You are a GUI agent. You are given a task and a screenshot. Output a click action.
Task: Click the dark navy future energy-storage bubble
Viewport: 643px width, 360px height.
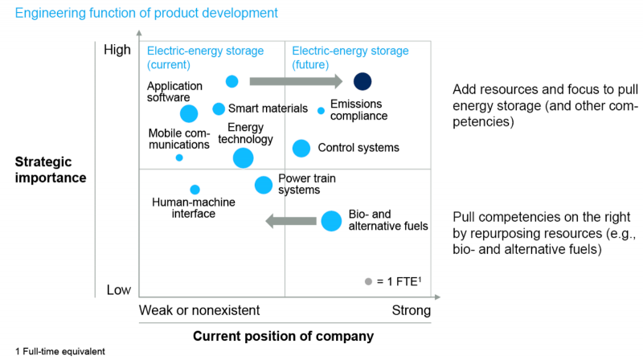coord(362,81)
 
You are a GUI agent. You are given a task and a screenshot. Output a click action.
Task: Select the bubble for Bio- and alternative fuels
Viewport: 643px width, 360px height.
coord(331,221)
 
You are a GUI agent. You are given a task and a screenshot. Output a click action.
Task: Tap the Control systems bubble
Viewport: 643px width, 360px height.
coord(301,148)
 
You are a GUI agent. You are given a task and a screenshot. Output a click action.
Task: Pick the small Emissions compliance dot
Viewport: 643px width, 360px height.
coord(321,110)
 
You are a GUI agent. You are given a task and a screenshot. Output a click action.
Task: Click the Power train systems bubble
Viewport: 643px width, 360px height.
coord(264,185)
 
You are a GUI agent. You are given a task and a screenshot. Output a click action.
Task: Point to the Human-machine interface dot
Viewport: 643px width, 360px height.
coord(195,190)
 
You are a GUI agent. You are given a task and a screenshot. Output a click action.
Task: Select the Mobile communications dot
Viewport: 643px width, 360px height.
coord(179,157)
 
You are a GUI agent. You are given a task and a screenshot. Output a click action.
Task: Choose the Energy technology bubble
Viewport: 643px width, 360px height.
coord(243,158)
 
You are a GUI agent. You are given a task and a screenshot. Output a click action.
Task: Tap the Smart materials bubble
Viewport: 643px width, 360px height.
coord(219,108)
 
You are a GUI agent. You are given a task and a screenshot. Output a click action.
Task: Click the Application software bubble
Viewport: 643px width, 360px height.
coord(189,114)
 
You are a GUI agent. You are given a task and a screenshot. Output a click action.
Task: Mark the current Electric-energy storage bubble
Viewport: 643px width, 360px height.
coord(232,81)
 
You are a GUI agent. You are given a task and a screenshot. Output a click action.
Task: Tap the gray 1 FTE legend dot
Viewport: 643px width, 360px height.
coord(369,281)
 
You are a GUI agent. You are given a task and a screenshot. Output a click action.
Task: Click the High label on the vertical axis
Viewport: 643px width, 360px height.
coord(117,50)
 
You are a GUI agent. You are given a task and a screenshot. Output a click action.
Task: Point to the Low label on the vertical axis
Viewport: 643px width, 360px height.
coord(119,289)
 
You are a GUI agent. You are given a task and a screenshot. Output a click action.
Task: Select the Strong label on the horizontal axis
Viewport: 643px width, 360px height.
coord(412,310)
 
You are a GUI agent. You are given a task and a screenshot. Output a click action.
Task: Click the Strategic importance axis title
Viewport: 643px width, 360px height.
coord(51,170)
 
